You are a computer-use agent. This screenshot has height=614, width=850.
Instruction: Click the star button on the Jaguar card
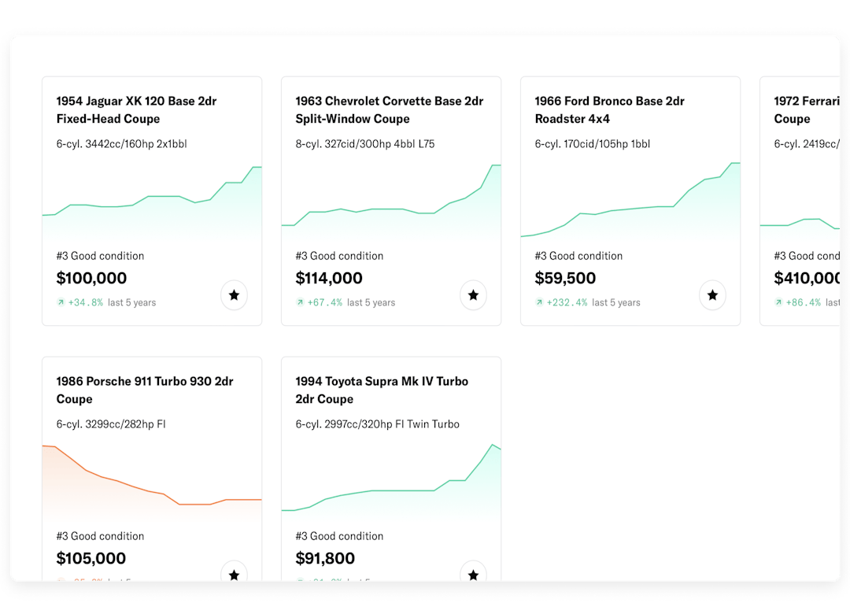(x=234, y=296)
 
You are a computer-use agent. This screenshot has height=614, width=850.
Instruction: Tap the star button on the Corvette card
(x=473, y=296)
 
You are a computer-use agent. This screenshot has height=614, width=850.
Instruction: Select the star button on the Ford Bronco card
(x=712, y=296)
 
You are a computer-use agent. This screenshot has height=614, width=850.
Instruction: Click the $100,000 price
(x=91, y=278)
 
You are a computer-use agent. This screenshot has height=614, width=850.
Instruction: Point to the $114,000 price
(x=329, y=278)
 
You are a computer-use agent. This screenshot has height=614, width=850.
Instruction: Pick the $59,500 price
(x=565, y=278)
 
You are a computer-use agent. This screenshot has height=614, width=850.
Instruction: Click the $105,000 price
(x=91, y=558)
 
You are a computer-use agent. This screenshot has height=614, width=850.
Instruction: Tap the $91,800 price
(x=325, y=558)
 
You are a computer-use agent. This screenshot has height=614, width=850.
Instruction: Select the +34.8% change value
(x=85, y=302)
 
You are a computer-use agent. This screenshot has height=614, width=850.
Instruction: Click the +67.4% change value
(x=324, y=302)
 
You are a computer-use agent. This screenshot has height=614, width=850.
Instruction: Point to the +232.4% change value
(x=567, y=302)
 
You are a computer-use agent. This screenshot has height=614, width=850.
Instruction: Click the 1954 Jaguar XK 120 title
(x=136, y=109)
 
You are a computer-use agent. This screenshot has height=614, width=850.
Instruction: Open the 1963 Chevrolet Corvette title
(x=389, y=109)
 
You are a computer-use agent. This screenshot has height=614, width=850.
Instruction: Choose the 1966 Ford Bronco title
(x=609, y=109)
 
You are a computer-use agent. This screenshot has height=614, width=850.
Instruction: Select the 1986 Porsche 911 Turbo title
(x=145, y=390)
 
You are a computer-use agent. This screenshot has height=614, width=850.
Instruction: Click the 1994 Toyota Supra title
(x=382, y=390)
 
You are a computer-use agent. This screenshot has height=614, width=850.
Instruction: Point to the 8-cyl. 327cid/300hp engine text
(x=365, y=144)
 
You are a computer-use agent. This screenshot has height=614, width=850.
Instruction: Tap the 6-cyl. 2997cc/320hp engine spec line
(x=377, y=424)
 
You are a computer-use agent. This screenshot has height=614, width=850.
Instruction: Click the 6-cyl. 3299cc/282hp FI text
(x=111, y=424)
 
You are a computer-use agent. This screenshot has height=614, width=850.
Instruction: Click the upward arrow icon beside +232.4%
(x=539, y=302)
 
